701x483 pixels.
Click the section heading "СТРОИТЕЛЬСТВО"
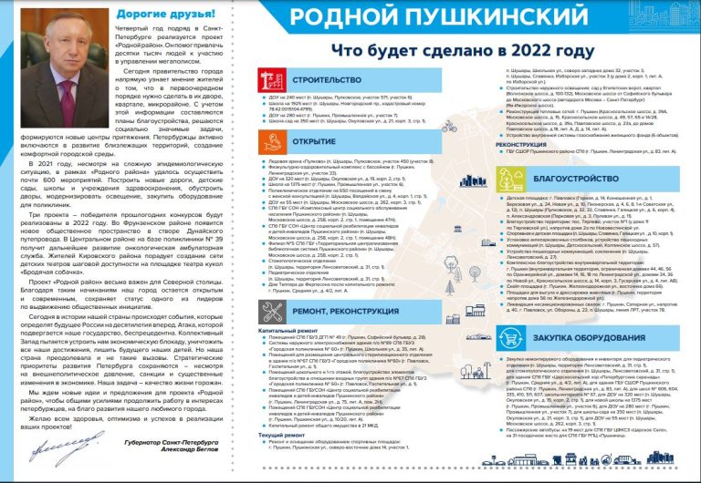point(322,84)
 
